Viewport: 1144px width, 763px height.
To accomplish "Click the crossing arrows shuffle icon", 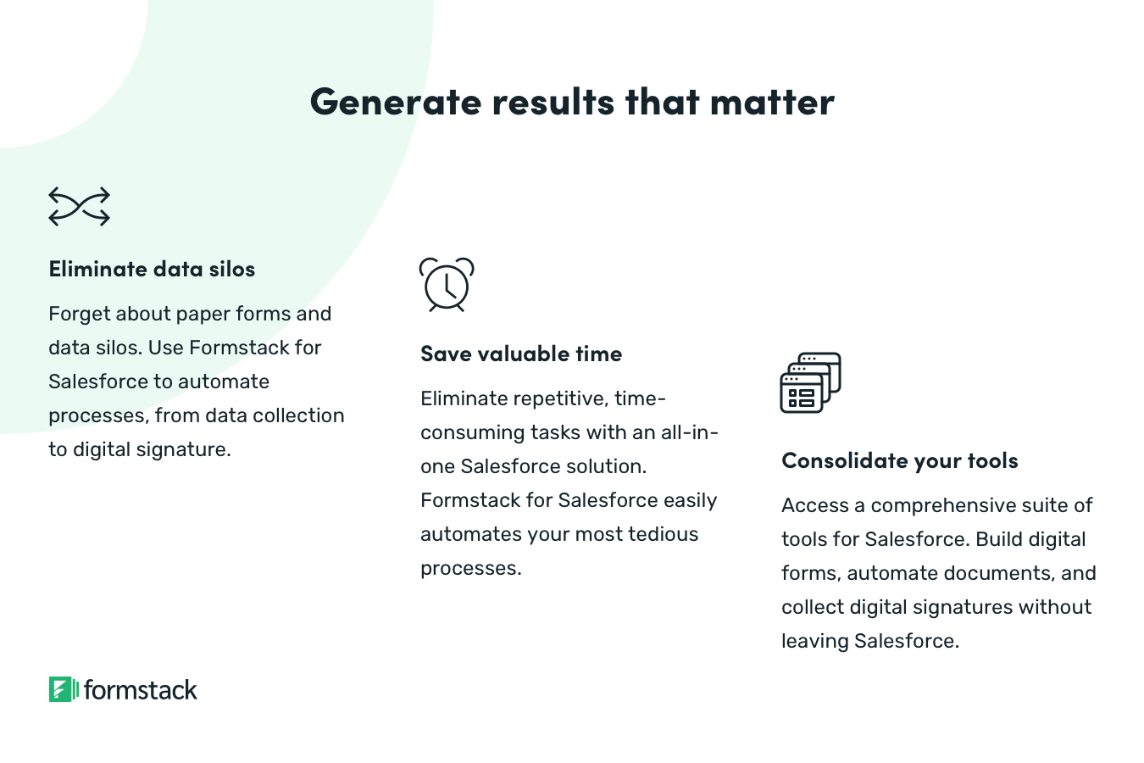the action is coord(79,207).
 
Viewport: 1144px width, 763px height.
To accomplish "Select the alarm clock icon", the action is coord(447,285).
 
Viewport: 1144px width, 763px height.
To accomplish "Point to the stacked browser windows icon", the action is coord(810,383).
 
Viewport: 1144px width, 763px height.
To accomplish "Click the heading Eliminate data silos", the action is coord(152,270).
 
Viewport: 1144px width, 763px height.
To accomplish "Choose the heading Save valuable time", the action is coord(521,354).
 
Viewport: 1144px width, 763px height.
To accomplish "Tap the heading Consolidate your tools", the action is coord(899,461).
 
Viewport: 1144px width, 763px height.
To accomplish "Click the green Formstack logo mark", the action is coord(64,689).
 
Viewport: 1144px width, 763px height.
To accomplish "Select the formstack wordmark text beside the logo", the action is coord(141,690).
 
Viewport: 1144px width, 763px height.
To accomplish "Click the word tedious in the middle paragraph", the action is coord(663,534).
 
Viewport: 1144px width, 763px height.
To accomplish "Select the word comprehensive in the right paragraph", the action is coord(945,506).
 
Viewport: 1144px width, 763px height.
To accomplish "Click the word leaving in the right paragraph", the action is coord(814,642).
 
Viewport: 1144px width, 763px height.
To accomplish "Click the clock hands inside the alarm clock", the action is coord(449,287).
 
